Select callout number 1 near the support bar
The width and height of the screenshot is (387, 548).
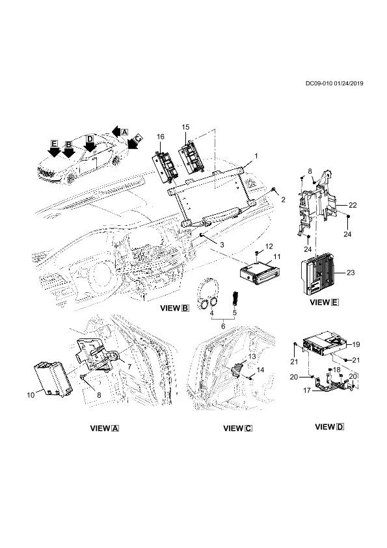point(256,156)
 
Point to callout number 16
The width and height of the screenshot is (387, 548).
point(160,136)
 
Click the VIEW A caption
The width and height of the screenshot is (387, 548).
point(103,428)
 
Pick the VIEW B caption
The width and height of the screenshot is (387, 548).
point(174,308)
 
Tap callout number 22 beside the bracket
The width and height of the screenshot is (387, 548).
point(352,205)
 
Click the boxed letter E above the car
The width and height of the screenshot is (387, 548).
point(55,143)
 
